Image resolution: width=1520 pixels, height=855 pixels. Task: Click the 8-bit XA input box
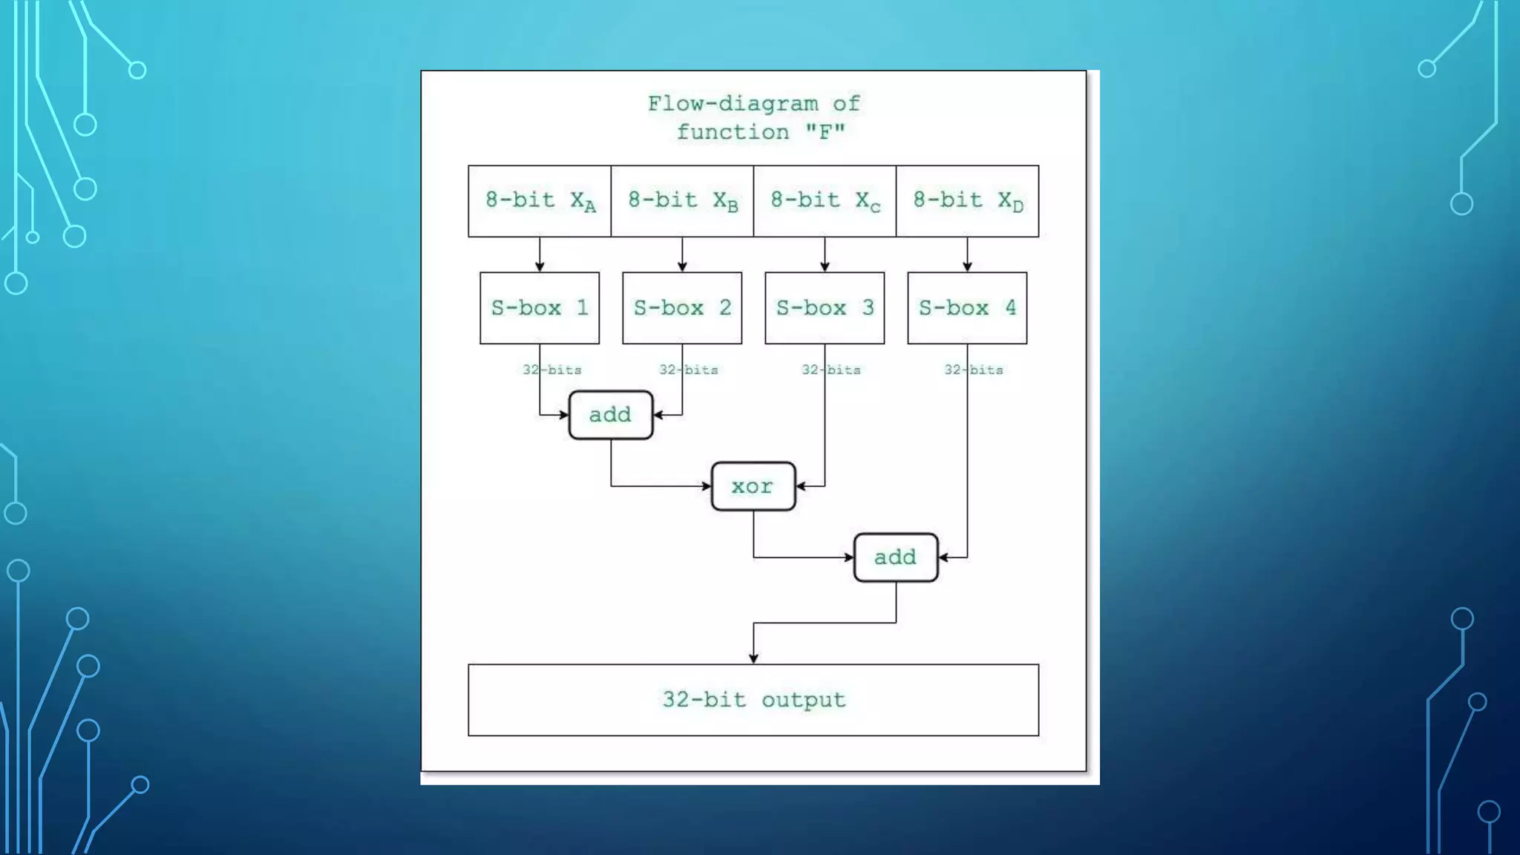(x=540, y=201)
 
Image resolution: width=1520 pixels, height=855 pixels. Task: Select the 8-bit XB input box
(x=682, y=201)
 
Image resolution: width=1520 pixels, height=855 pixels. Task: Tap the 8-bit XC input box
(x=825, y=201)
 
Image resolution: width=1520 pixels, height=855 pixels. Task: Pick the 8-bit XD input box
(x=967, y=201)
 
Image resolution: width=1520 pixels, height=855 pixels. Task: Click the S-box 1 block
(x=540, y=308)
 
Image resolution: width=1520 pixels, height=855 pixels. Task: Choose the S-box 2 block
(x=682, y=308)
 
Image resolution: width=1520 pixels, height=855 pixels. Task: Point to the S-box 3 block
(x=825, y=308)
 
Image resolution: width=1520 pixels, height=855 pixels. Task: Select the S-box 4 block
(x=967, y=308)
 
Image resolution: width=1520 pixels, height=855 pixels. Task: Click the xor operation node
(x=753, y=486)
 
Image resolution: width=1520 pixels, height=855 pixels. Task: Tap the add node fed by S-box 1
(x=611, y=415)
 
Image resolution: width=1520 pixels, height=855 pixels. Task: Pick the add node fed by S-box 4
(x=895, y=557)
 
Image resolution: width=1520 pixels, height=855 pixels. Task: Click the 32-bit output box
(x=753, y=700)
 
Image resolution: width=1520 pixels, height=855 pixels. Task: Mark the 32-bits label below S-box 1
(x=552, y=370)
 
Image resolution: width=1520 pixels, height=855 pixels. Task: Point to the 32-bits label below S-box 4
(x=974, y=370)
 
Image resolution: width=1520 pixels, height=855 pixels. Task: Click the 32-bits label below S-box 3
(x=831, y=370)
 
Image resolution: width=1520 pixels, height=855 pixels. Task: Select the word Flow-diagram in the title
(x=733, y=104)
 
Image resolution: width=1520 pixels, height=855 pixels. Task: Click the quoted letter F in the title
(x=825, y=133)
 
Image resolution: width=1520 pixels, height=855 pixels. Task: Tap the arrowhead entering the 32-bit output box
(x=753, y=658)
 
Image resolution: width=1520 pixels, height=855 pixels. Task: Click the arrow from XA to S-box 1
(x=540, y=255)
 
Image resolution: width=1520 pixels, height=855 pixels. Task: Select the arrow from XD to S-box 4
(x=967, y=255)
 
